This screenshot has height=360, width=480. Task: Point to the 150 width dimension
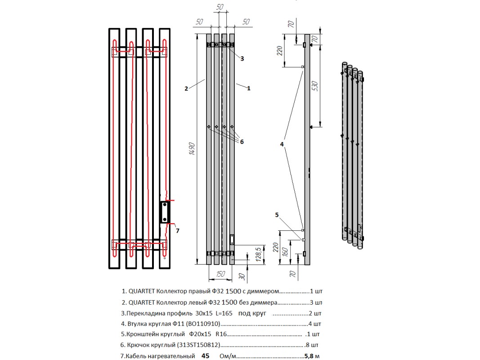coord(220,273)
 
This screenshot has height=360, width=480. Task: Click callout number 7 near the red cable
coord(178,231)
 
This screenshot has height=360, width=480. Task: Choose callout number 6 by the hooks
coord(242,142)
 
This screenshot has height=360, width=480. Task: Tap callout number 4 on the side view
coord(282,144)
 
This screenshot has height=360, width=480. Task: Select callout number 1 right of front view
coord(248,89)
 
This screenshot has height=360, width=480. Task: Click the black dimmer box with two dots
coord(165,212)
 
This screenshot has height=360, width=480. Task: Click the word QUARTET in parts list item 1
coord(142,291)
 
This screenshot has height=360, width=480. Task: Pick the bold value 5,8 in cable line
coord(310,356)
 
